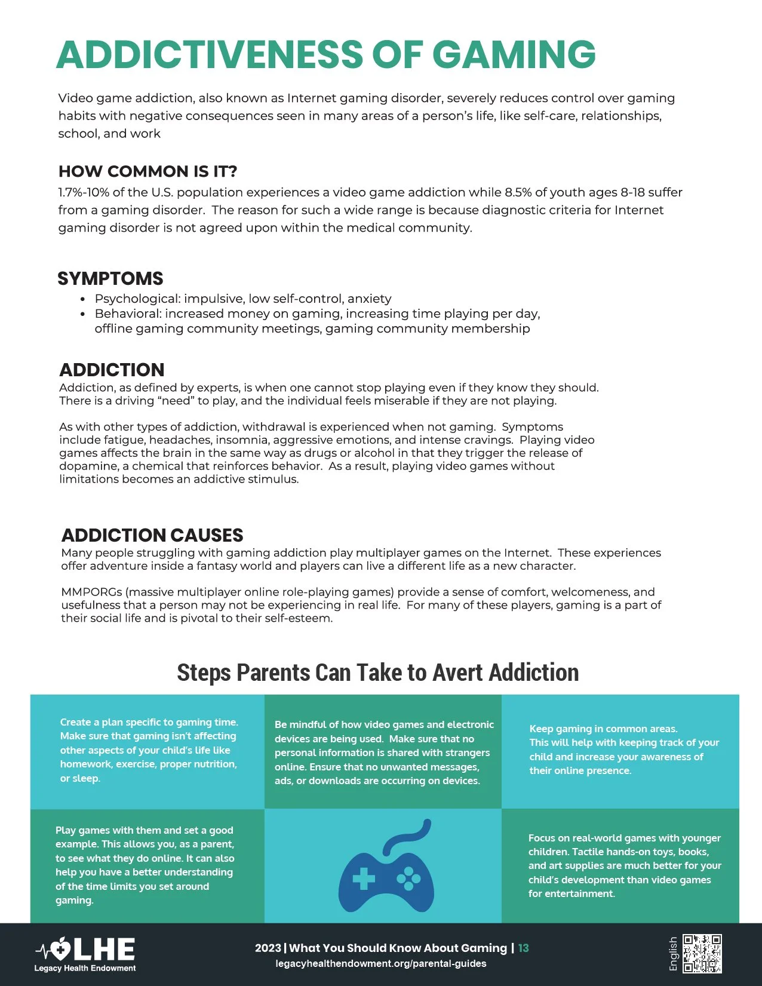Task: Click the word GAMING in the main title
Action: [514, 54]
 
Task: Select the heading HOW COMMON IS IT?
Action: [148, 171]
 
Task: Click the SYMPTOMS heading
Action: [110, 278]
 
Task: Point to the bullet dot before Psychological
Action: [83, 299]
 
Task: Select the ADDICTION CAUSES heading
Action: [152, 535]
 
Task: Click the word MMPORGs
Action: [91, 592]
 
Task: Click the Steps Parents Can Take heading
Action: [377, 672]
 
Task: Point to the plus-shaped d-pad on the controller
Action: [364, 879]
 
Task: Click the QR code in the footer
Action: [702, 953]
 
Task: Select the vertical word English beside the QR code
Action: [674, 953]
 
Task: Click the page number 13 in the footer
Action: [523, 948]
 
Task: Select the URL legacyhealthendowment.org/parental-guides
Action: [381, 963]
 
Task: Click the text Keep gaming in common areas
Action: [603, 729]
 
